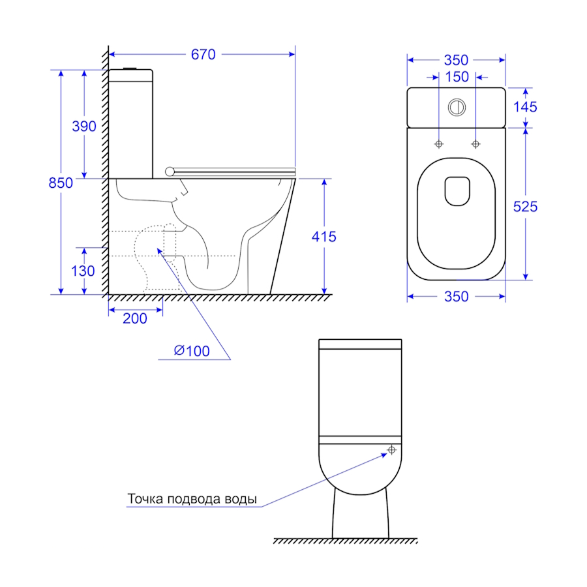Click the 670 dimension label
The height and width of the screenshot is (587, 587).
(203, 55)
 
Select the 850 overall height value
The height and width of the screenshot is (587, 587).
(61, 183)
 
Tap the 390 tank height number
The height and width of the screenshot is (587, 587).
(84, 127)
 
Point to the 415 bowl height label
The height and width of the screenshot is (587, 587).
(324, 237)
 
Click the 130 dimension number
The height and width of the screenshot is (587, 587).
(83, 271)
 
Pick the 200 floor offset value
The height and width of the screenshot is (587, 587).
(135, 318)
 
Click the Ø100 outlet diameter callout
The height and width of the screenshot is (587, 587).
(192, 351)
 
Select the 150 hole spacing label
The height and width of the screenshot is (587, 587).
(457, 77)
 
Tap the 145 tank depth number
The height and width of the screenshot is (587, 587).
(525, 107)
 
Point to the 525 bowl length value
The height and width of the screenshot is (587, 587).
(525, 207)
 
